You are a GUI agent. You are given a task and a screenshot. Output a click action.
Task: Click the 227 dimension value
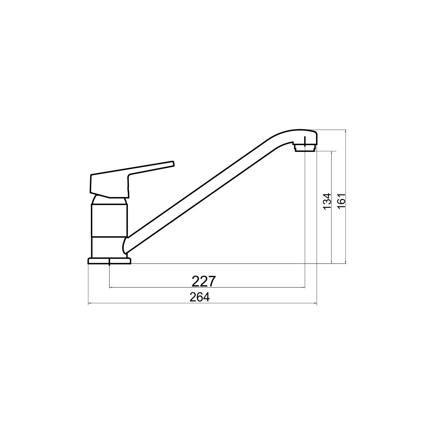203,281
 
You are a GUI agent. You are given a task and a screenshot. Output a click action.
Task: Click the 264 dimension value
200,297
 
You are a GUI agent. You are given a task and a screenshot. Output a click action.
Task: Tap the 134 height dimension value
327,201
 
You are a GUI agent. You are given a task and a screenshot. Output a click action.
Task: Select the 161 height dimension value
341,201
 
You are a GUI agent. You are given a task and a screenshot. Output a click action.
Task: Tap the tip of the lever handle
174,164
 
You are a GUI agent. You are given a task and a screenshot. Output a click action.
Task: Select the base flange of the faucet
109,261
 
